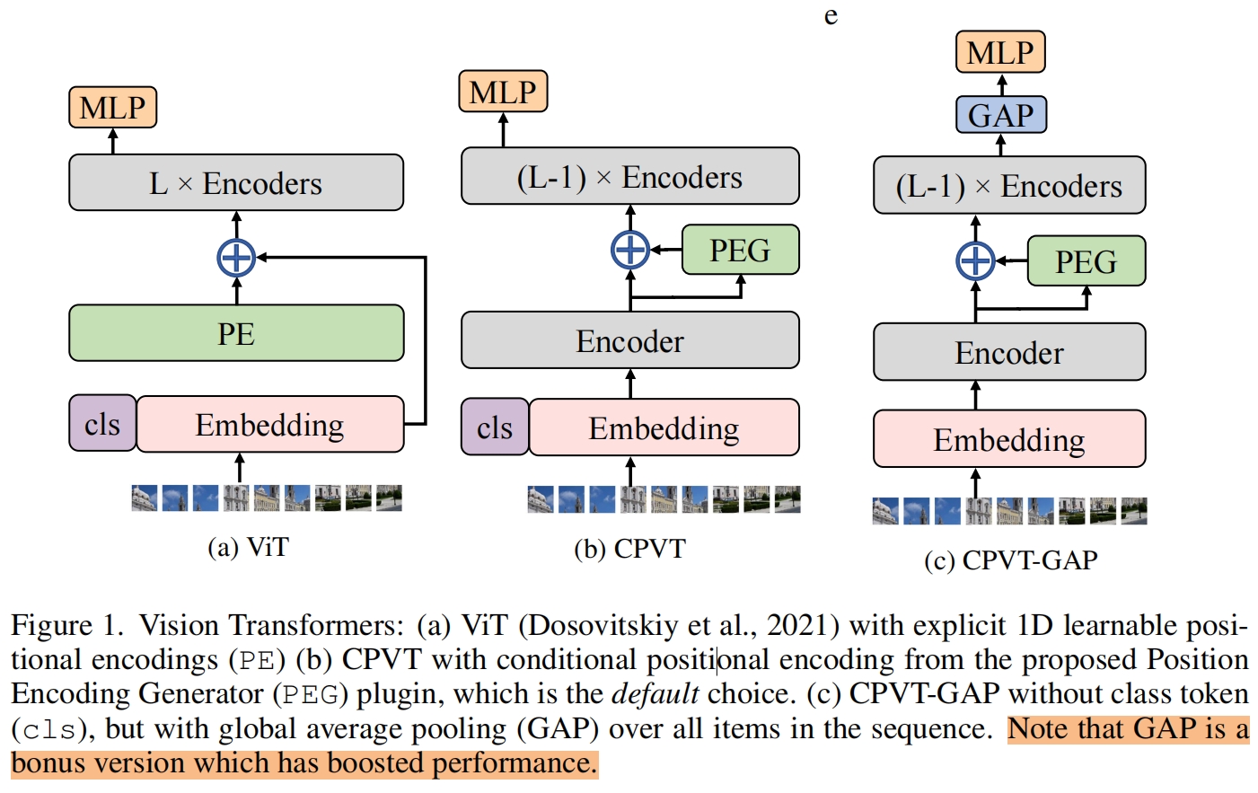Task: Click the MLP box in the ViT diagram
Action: (x=113, y=108)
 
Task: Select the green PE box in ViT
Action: (x=236, y=333)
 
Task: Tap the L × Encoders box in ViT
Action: (x=236, y=183)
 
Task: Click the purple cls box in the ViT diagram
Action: (x=102, y=424)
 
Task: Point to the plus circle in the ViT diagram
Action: (x=236, y=259)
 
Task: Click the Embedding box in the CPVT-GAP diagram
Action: (x=1009, y=439)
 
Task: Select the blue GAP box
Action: (x=1000, y=115)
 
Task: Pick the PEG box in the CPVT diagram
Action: (x=740, y=250)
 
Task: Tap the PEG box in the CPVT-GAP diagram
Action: (x=1086, y=261)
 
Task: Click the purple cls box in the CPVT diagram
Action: (x=495, y=427)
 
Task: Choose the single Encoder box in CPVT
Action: (x=629, y=340)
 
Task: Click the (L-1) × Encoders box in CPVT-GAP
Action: (x=1009, y=186)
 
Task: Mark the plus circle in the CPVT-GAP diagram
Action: (x=976, y=261)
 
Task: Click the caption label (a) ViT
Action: (x=248, y=547)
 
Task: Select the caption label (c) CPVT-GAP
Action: (x=1010, y=560)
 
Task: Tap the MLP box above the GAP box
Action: (x=1000, y=52)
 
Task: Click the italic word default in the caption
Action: (x=655, y=694)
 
